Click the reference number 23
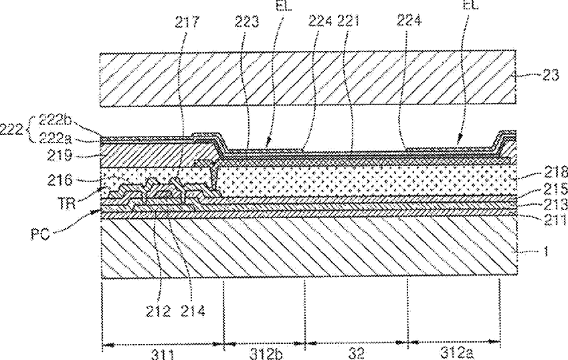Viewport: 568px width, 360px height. (551, 76)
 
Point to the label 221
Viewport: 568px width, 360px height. (349, 21)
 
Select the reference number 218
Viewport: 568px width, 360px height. (551, 171)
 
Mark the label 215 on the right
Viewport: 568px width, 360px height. (551, 189)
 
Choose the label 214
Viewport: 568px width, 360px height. (193, 310)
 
